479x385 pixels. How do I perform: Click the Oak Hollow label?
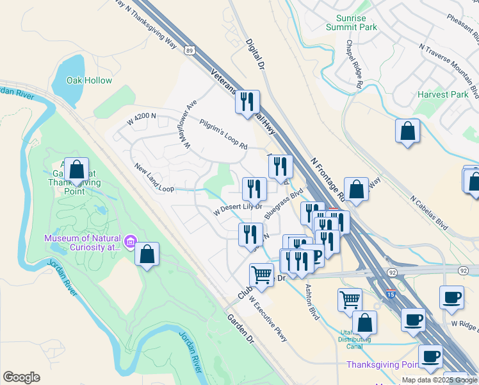(x=90, y=80)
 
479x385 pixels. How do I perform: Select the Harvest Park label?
(x=442, y=94)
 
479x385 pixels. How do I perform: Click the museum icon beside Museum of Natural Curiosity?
(x=130, y=242)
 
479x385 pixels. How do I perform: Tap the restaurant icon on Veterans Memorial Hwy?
(x=247, y=102)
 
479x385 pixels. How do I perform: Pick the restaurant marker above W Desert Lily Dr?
(x=254, y=189)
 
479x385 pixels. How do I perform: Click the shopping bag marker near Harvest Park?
(x=407, y=132)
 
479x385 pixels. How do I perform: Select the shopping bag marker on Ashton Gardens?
(x=76, y=170)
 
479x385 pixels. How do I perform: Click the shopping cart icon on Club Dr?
(x=261, y=275)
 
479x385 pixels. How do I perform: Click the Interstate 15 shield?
(x=391, y=294)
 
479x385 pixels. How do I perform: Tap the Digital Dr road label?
(x=255, y=54)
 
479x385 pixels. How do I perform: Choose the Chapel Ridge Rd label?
(x=355, y=64)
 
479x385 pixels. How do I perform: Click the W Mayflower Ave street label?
(x=190, y=125)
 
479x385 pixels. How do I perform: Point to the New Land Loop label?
(x=154, y=178)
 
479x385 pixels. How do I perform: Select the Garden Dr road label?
(x=241, y=329)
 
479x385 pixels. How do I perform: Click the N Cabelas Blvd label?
(x=429, y=203)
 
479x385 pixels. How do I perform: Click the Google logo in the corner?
(x=22, y=377)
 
